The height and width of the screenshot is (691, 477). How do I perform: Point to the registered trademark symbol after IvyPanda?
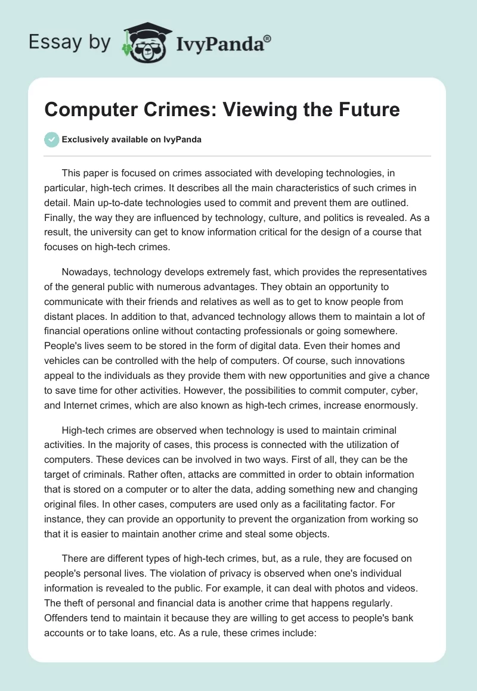coord(268,38)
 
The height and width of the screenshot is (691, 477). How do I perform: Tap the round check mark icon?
coord(51,139)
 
